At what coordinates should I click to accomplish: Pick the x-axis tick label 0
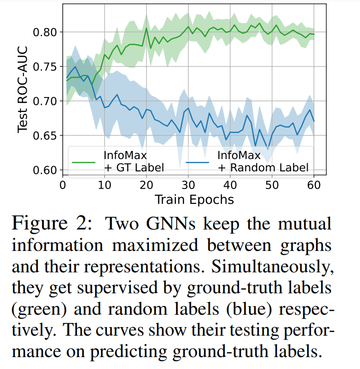[x=63, y=185]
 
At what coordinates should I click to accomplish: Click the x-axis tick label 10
[x=105, y=185]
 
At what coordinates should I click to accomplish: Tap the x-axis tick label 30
[x=188, y=185]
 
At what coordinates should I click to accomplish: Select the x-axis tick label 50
[x=272, y=185]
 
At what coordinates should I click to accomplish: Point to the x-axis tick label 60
[x=314, y=185]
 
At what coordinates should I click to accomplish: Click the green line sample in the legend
[x=85, y=161]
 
